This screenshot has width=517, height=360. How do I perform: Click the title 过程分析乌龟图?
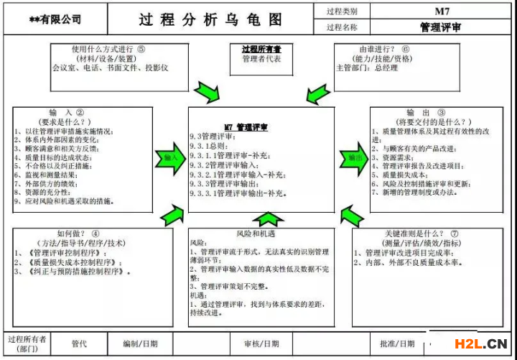click(x=210, y=19)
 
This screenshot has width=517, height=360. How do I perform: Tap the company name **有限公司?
click(x=55, y=20)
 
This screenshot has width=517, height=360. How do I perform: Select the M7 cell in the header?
click(x=441, y=11)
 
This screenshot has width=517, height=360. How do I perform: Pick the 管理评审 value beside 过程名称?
click(x=441, y=27)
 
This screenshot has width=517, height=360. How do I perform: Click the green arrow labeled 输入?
click(x=171, y=157)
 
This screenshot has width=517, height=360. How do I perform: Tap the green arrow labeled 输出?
click(x=353, y=157)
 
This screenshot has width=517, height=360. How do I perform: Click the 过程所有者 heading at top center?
click(x=261, y=49)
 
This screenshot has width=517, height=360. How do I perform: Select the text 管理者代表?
click(x=261, y=59)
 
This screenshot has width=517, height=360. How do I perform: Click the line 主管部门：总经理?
click(x=367, y=68)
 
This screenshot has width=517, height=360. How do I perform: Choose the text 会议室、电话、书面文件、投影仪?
click(x=111, y=68)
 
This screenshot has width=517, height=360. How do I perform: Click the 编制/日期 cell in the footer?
click(x=141, y=344)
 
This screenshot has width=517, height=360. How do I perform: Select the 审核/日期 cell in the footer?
click(x=261, y=344)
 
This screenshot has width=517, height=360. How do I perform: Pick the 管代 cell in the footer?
click(x=79, y=344)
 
